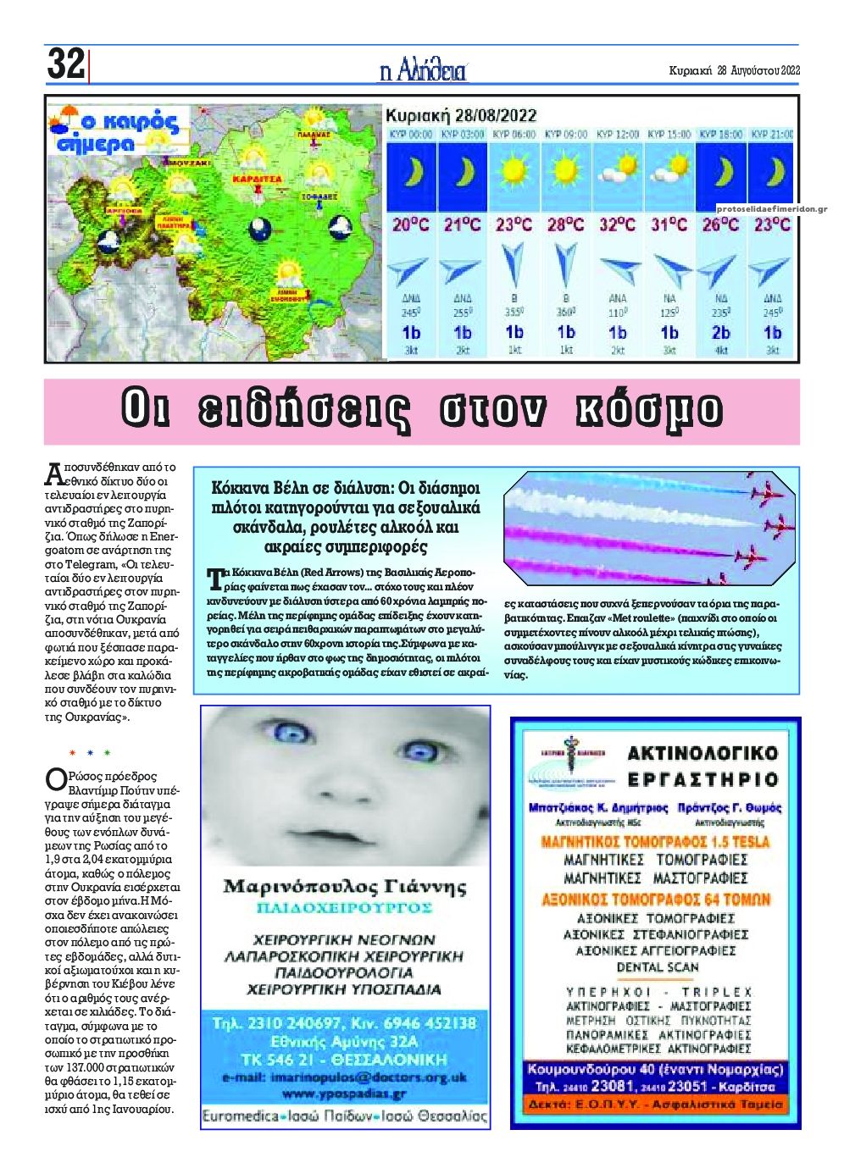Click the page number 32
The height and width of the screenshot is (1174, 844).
(x=66, y=64)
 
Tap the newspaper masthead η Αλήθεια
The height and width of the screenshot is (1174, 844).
(x=423, y=70)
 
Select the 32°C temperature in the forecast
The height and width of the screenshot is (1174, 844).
(x=617, y=225)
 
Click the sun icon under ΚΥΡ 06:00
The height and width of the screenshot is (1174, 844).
(x=514, y=172)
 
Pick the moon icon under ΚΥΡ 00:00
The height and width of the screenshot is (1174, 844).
(x=411, y=172)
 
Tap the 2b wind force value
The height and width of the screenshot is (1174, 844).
(x=720, y=333)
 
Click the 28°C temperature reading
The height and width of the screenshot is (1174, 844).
(x=565, y=225)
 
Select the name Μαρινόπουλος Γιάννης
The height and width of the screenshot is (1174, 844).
(x=345, y=888)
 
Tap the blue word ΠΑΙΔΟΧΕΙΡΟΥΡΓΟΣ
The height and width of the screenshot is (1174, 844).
(x=345, y=909)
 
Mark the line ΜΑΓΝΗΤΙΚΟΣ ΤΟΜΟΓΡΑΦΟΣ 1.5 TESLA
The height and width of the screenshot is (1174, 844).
(x=655, y=842)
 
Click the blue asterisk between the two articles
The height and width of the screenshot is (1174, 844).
(x=90, y=752)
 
